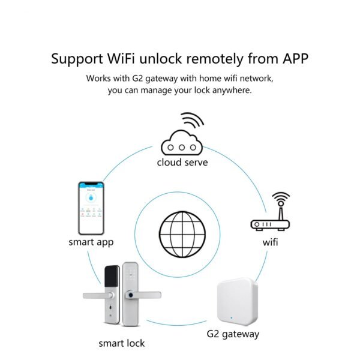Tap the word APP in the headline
click(292, 59)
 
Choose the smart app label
click(91, 242)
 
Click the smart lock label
click(122, 343)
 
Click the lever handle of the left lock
click(96, 296)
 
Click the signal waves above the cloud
click(193, 121)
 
